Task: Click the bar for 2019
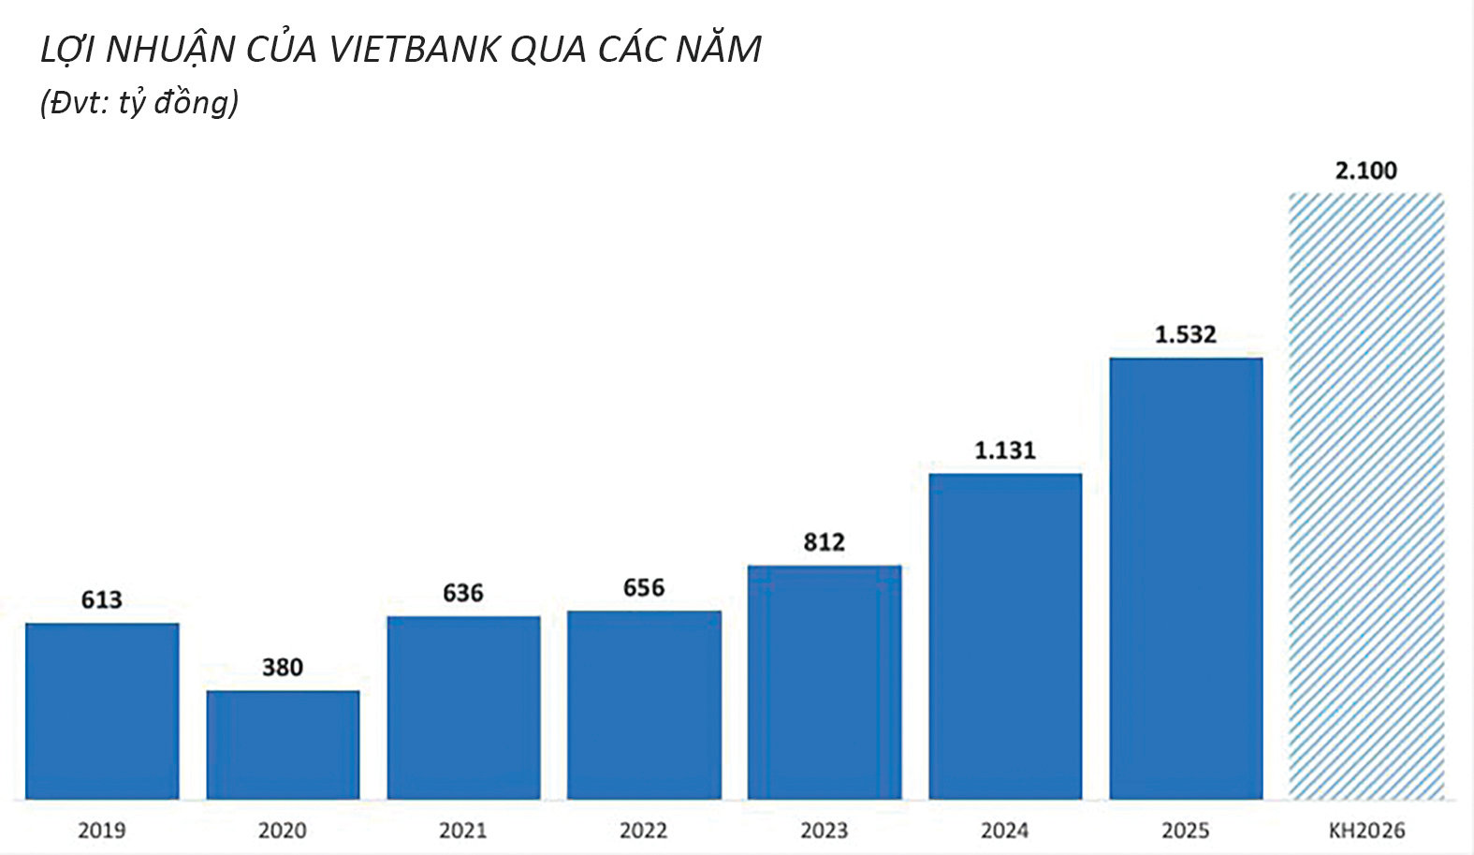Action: point(102,711)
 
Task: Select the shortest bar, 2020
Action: point(283,745)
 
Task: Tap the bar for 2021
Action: point(463,707)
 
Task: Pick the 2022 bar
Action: point(644,705)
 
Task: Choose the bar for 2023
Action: point(825,683)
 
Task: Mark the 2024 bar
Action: point(1005,636)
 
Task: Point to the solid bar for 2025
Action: point(1186,579)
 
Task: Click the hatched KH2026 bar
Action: point(1366,496)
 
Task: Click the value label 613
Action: point(102,599)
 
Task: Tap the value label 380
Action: point(283,668)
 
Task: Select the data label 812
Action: point(825,542)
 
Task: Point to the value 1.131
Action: point(1005,450)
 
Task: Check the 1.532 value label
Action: point(1186,334)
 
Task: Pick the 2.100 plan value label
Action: point(1366,170)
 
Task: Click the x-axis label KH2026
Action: point(1366,830)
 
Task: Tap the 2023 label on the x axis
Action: point(825,830)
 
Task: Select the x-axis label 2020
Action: point(283,830)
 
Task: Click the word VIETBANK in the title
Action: point(414,50)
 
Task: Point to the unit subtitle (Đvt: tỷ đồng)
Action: point(139,103)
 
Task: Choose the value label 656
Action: point(644,587)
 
